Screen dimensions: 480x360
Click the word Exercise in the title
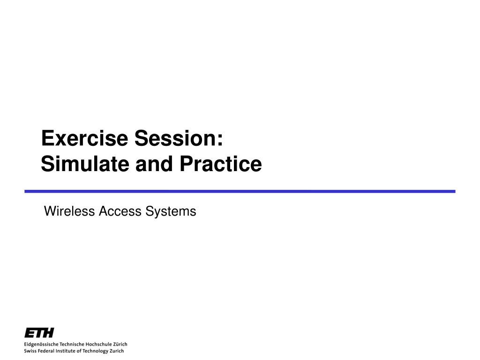[84, 138]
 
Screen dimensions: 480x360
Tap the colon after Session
[220, 140]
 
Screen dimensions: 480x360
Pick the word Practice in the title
[221, 164]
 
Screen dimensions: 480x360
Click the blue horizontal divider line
[240, 191]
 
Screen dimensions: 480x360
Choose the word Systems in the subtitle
[171, 211]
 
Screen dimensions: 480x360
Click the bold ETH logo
[39, 332]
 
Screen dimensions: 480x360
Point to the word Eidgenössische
[41, 345]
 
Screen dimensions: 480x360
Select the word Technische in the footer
[72, 345]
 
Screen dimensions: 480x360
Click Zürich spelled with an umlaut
[120, 345]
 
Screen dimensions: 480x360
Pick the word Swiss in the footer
[30, 351]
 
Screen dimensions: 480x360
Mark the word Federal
[45, 351]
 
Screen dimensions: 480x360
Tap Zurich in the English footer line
[117, 351]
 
